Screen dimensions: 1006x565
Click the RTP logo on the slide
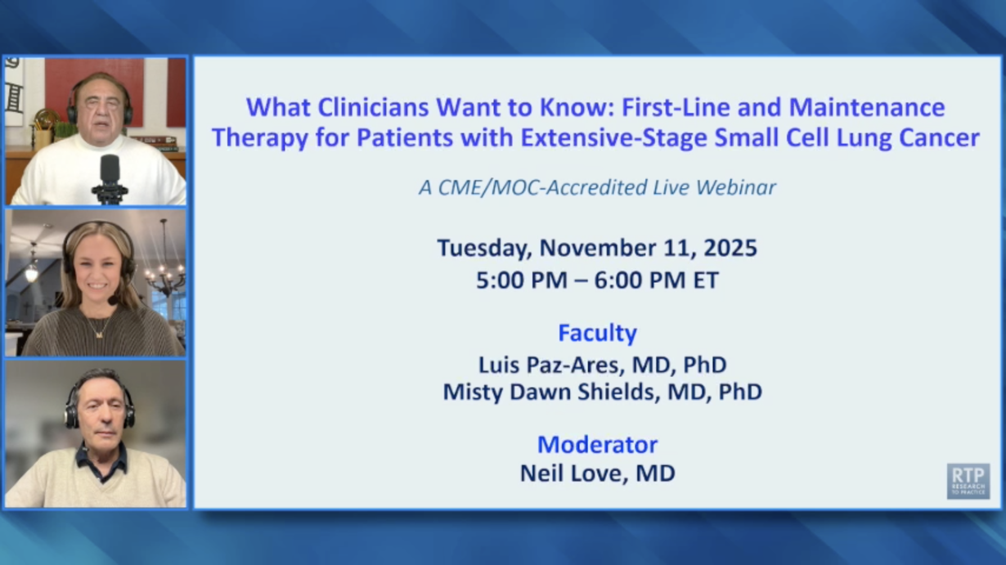click(968, 481)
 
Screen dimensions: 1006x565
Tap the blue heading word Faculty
click(597, 334)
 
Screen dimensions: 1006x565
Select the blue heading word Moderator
click(597, 445)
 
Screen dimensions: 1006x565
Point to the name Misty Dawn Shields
click(551, 392)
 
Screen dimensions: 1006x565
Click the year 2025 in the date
click(730, 248)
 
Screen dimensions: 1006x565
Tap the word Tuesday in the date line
click(484, 249)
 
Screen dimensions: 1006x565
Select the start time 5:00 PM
click(522, 280)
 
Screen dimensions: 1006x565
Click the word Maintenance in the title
click(867, 107)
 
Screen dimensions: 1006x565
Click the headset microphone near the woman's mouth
click(112, 300)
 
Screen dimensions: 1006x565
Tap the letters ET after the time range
click(706, 280)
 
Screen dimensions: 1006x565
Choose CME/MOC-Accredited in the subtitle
click(541, 187)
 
